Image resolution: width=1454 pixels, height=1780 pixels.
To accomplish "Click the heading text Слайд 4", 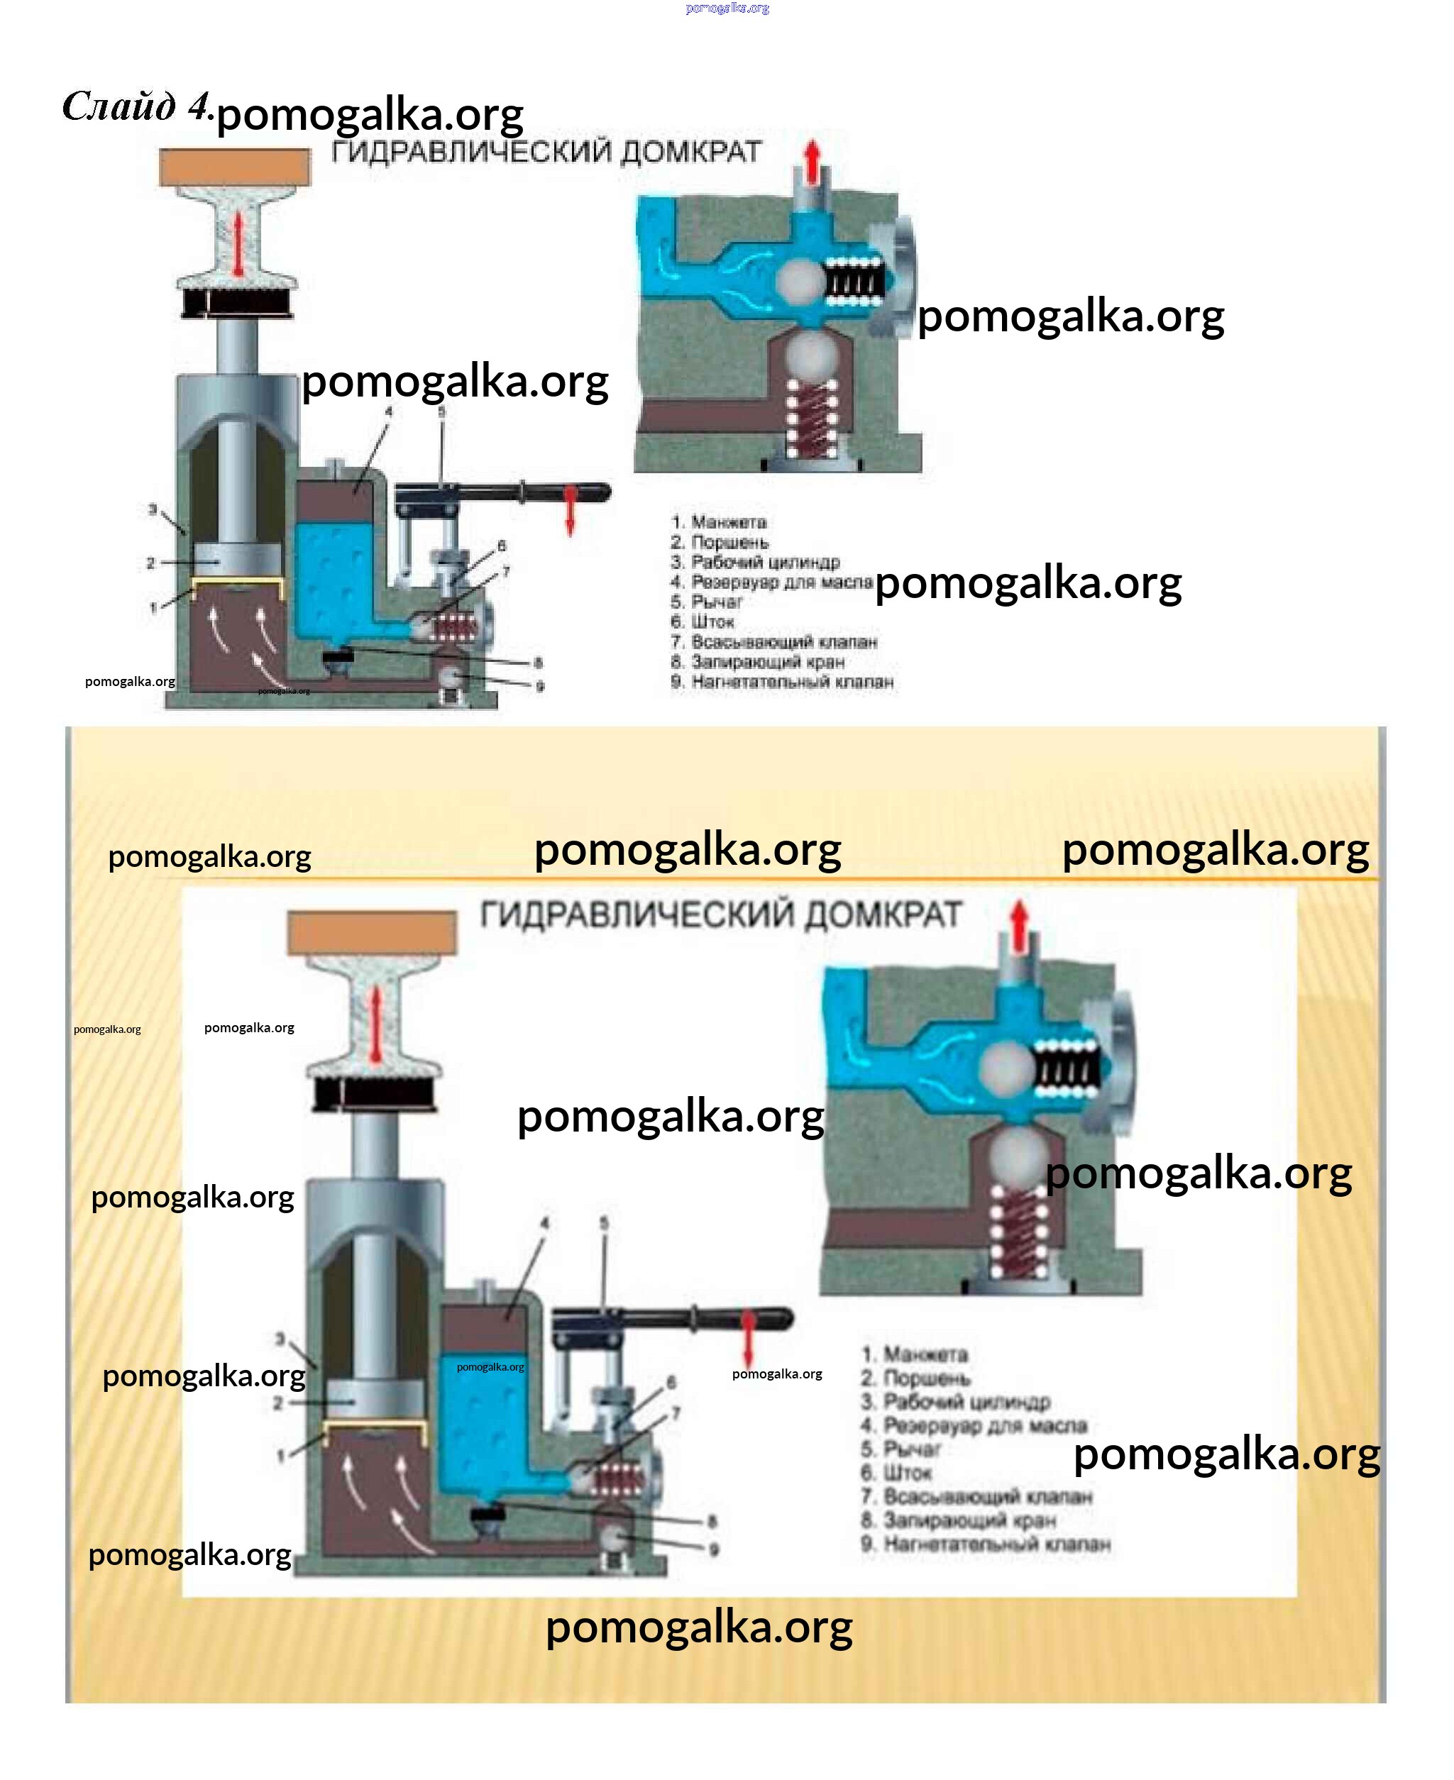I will [136, 107].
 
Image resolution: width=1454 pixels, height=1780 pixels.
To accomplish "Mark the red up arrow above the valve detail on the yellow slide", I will [1018, 925].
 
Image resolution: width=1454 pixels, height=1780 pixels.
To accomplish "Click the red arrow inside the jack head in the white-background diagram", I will [238, 243].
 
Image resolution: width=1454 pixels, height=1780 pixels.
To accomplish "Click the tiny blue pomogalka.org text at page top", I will [727, 9].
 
